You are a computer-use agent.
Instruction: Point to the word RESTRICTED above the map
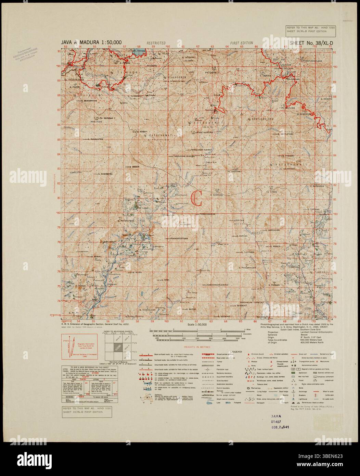coord(156,43)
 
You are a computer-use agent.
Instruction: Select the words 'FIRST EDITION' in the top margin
coord(241,43)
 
